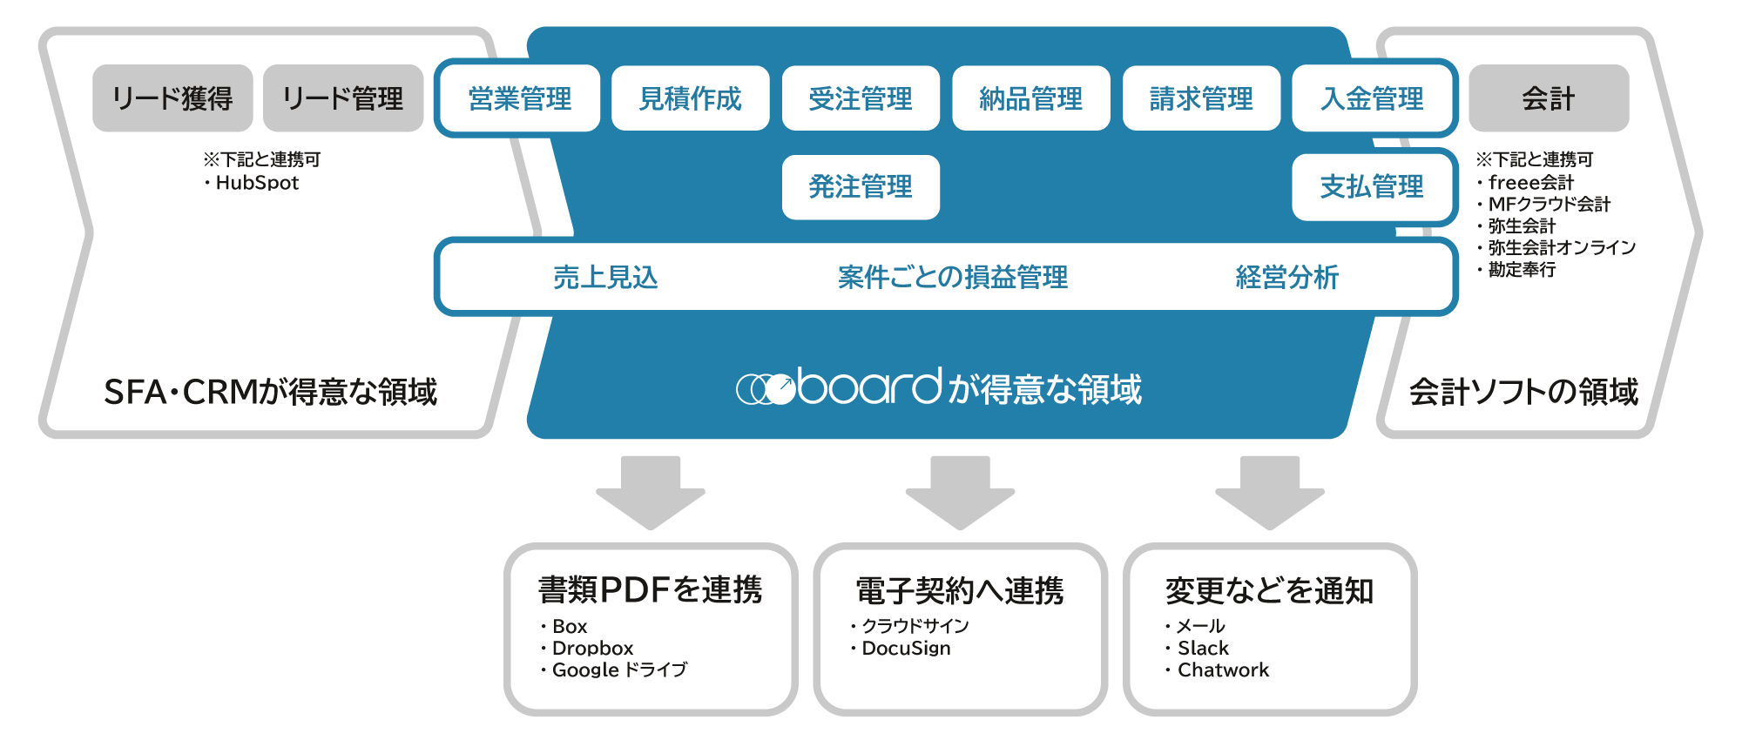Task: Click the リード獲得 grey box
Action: click(172, 98)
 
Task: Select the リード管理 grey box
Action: click(343, 98)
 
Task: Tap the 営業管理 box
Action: click(520, 98)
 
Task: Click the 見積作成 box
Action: click(690, 98)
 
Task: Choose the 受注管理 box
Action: click(861, 98)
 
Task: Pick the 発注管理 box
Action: click(861, 187)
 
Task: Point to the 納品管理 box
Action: click(1031, 98)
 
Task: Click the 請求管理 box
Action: click(1201, 98)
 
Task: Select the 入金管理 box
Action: click(1372, 98)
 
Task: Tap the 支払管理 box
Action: click(1372, 187)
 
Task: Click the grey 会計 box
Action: click(1549, 98)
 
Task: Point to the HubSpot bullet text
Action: click(256, 183)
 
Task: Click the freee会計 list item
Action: click(1530, 183)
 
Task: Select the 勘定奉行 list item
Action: click(1522, 270)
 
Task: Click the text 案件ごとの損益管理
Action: click(952, 278)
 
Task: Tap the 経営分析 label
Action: click(1286, 278)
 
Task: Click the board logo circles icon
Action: click(766, 388)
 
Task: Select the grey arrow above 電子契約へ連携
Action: click(960, 491)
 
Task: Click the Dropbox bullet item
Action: click(592, 649)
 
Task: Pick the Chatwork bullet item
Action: click(1222, 670)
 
